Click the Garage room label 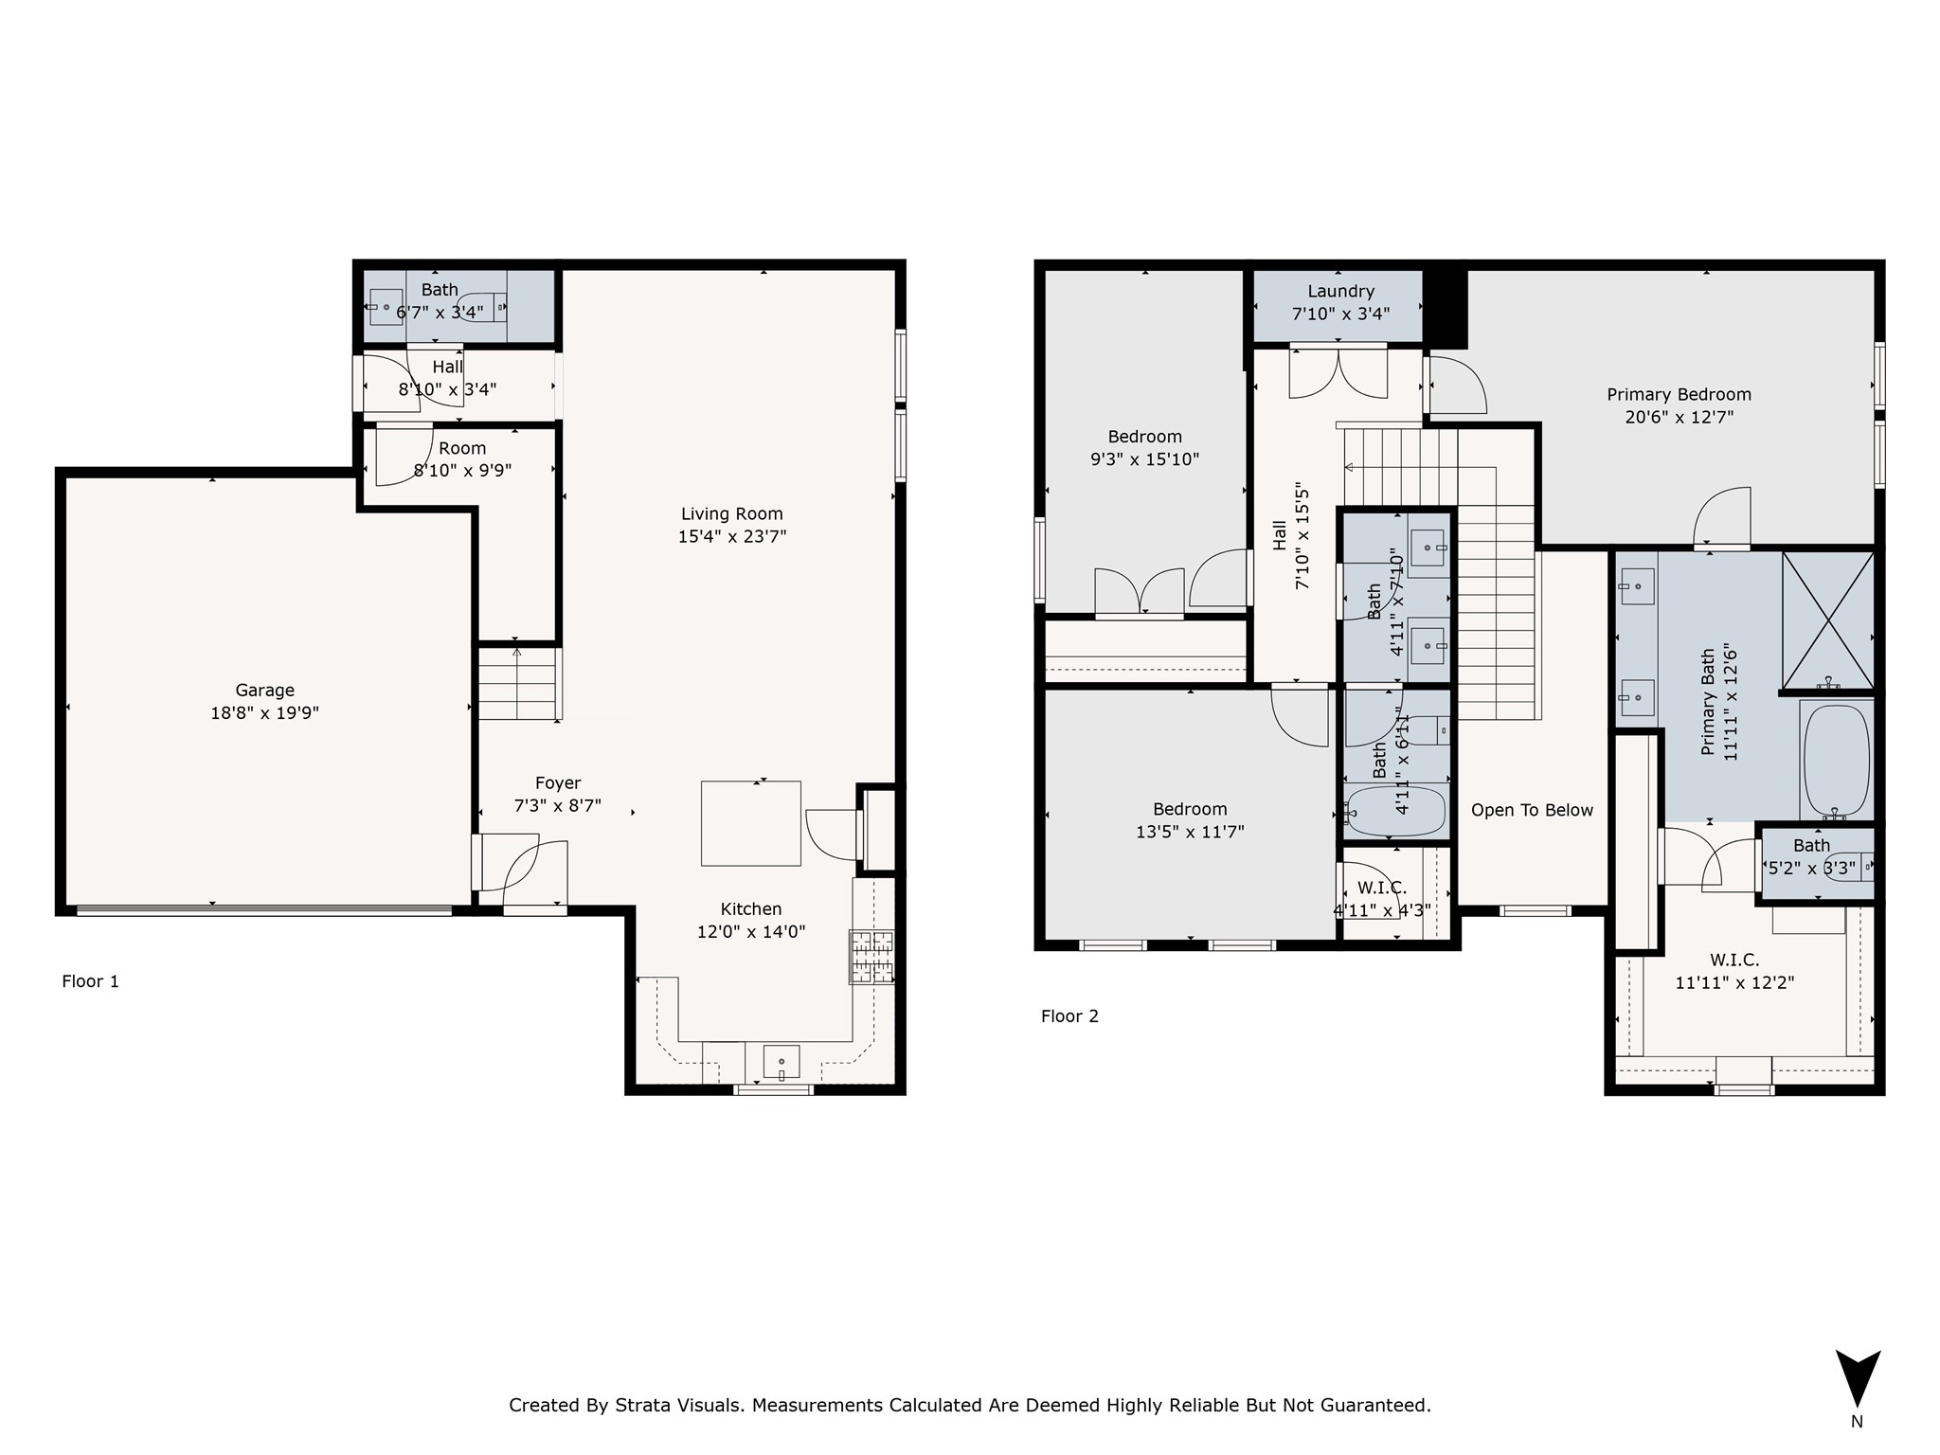(x=264, y=691)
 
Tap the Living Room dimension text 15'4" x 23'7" (x=731, y=537)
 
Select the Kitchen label (x=750, y=909)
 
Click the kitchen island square (x=750, y=823)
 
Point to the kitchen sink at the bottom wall (x=781, y=1062)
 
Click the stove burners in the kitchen (x=871, y=957)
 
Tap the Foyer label (x=558, y=783)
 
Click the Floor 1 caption (x=90, y=981)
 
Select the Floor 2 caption (x=1069, y=1016)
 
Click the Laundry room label (x=1340, y=292)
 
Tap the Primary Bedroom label (x=1679, y=395)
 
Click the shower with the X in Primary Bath (x=1827, y=620)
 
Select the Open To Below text (x=1532, y=810)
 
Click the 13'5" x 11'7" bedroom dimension (x=1190, y=832)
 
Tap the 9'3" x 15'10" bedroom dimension (x=1144, y=459)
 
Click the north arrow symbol (x=1858, y=1378)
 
